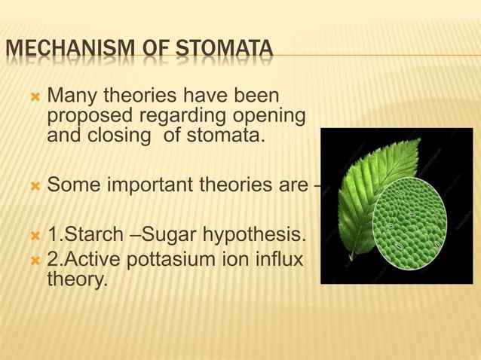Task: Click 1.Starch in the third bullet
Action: point(84,239)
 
